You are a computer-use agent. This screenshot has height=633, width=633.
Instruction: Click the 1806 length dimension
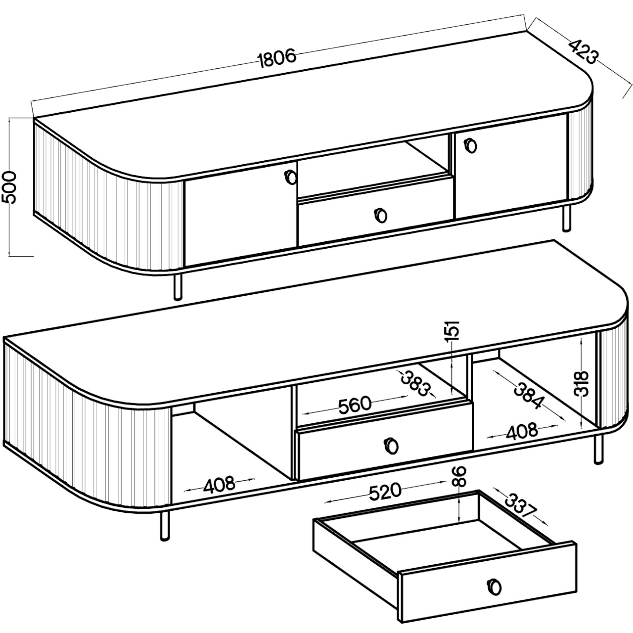point(277,58)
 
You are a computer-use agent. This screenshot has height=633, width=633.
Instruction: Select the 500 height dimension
point(9,187)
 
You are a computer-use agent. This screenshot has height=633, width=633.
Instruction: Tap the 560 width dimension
point(355,405)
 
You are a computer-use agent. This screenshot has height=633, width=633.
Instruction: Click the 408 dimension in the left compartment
point(220,485)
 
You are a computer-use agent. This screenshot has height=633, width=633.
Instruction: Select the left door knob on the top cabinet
point(290,178)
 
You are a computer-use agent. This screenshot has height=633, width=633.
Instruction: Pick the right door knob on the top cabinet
point(470,145)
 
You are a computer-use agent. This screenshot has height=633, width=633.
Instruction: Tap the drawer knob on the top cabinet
point(380,215)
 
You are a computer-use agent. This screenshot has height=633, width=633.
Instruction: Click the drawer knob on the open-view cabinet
point(391,446)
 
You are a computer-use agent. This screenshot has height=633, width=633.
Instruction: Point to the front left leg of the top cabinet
point(178,286)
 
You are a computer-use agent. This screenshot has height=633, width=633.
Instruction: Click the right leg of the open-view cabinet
point(599,449)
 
